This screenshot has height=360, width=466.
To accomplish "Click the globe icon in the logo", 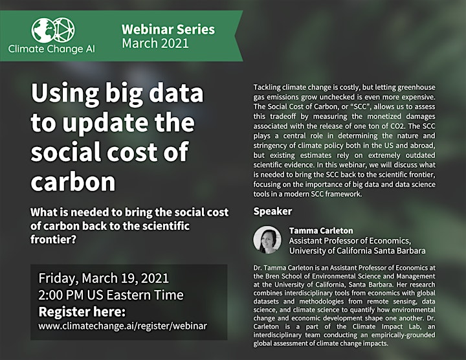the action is point(43,30).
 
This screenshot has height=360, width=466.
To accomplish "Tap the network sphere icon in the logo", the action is point(63,30).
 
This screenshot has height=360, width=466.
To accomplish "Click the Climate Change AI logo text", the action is point(51,49).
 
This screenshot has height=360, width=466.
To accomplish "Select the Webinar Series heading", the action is point(168,29).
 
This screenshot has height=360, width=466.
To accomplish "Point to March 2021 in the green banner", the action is point(155,43).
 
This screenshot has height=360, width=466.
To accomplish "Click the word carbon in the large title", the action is point(72,182).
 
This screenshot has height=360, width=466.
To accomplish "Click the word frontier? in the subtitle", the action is point(53,239).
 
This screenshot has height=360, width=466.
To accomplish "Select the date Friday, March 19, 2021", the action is point(104,278).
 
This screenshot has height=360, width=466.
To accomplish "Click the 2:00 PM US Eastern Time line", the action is point(111,295).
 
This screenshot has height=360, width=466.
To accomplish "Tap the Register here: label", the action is point(82,312).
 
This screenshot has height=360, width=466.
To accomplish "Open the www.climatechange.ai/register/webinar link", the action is point(123,326).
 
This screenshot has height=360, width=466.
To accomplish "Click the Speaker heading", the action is point(272,211).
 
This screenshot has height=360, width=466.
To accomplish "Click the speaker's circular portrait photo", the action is point(267,240).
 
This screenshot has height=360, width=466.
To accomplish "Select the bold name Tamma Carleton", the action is point(321,231).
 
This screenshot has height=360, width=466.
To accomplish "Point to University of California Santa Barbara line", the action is point(357,251).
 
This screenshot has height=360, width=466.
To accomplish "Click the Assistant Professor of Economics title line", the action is point(350,241).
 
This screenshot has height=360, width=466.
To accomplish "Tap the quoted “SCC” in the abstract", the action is point(360,107).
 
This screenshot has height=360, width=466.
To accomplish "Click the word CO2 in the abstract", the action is point(397,126).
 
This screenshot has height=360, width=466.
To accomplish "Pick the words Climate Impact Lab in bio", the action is point(384,326).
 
